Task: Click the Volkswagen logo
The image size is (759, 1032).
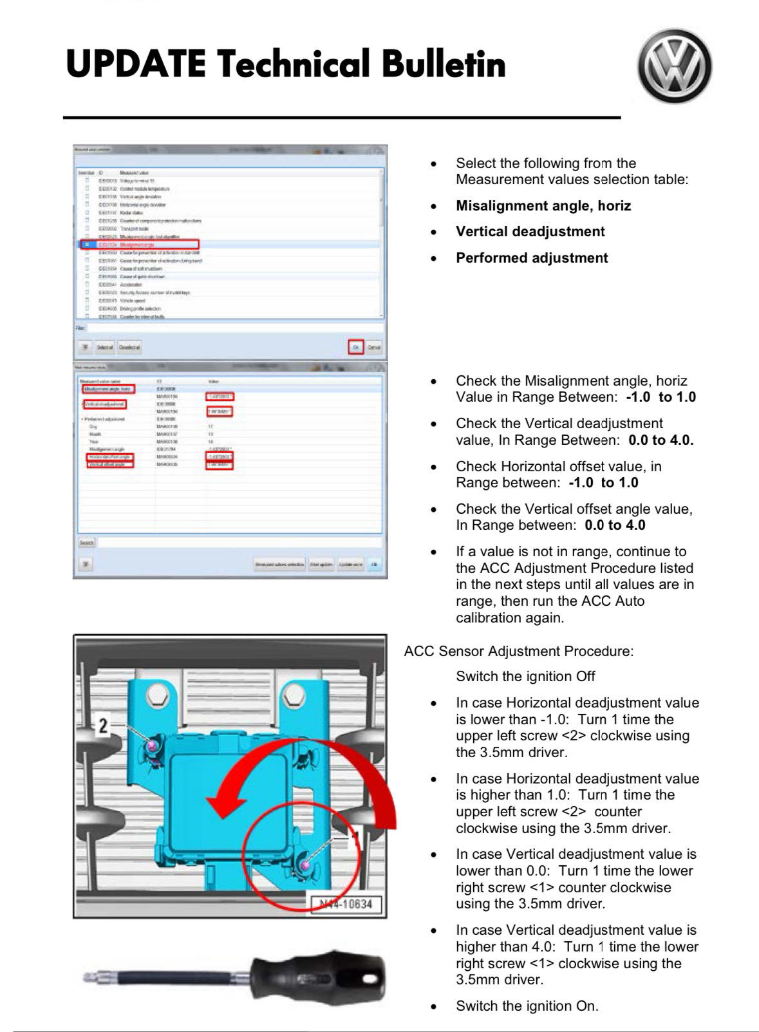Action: (675, 66)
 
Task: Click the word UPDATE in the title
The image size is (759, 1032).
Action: (136, 64)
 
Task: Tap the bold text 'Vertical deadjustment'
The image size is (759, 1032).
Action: (530, 232)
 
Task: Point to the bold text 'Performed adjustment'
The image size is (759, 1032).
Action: (532, 258)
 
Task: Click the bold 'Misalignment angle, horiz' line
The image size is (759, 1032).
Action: (543, 206)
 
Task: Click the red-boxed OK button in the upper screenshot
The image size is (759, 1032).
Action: (356, 347)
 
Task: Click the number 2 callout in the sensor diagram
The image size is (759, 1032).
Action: (102, 726)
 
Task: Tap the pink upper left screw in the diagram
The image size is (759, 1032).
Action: (153, 745)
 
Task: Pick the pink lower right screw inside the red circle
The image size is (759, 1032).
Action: (305, 866)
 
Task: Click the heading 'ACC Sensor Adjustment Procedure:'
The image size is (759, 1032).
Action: (518, 652)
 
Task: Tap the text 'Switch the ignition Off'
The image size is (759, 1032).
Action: (525, 677)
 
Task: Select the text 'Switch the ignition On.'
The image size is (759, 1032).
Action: (527, 1006)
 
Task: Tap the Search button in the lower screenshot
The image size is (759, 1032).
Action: (86, 543)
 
